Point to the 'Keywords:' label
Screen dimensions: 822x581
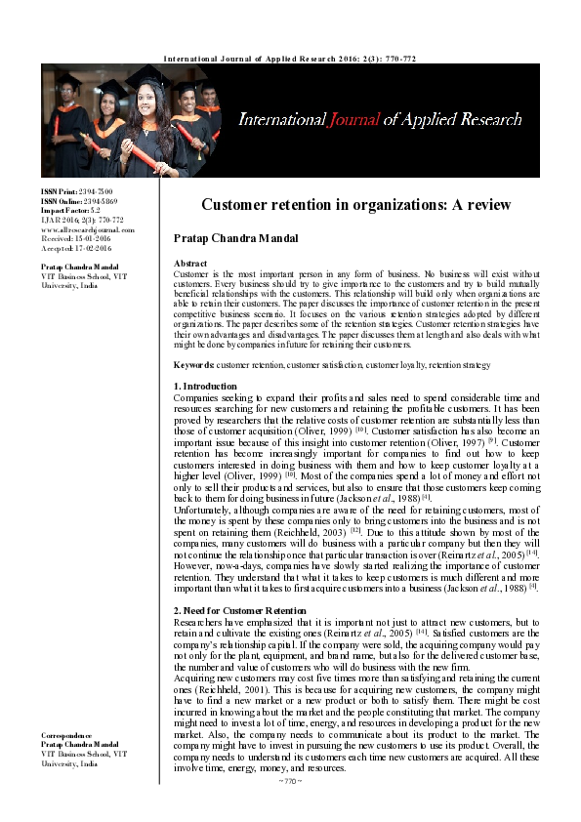tap(193, 364)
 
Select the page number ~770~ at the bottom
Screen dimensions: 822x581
tap(290, 781)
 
